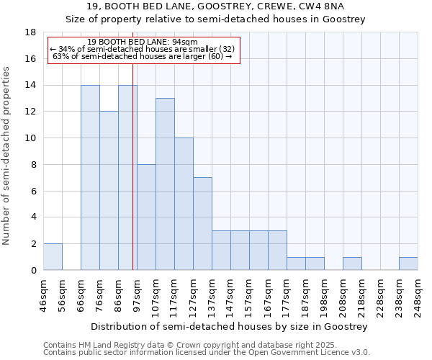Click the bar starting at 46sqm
[53, 257]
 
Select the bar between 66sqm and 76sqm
[90, 178]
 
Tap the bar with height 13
[165, 184]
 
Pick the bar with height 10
[184, 204]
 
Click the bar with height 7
[202, 224]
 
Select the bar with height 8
[146, 217]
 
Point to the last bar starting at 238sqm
[408, 264]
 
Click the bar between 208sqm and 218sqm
[352, 264]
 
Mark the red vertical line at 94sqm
[133, 166]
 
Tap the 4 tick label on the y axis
[33, 217]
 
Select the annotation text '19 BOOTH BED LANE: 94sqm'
[142, 42]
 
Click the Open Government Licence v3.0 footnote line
[206, 353]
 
